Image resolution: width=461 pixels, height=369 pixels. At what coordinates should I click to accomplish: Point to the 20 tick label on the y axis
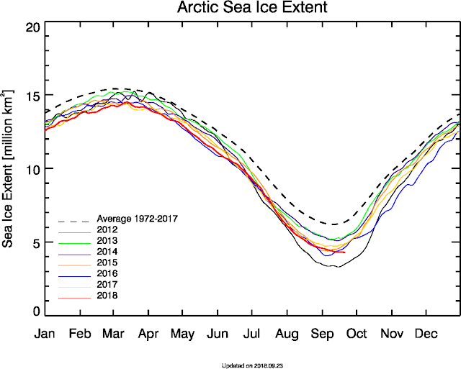click(32, 27)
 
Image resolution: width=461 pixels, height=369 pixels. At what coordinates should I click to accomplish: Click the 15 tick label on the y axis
click(32, 96)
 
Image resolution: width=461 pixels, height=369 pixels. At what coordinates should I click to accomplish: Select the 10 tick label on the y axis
click(32, 168)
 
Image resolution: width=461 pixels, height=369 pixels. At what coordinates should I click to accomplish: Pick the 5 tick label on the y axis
click(36, 242)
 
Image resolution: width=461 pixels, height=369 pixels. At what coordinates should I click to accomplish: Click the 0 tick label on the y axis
click(36, 311)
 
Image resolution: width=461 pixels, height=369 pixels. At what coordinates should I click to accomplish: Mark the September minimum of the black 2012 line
click(334, 267)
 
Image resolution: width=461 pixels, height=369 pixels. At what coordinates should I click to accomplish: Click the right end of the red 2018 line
click(345, 252)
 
